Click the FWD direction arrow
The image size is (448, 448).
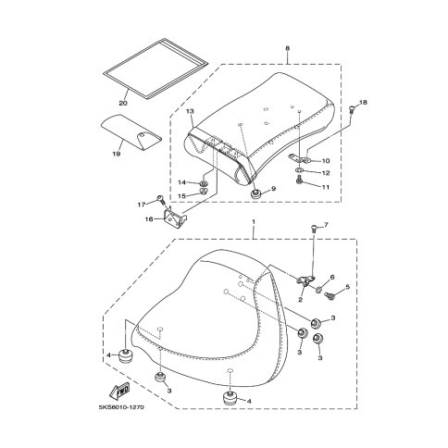coord(119,390)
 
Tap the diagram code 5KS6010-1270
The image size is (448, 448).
coord(121,407)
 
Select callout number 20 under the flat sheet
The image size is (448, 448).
coord(123,103)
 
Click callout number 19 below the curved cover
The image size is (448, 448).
coord(116,154)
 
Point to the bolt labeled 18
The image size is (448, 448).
coord(352,109)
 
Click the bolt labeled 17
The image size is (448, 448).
coord(161,199)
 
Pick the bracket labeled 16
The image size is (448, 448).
coord(174,218)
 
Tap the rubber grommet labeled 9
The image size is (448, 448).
coord(255,194)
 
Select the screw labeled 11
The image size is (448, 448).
coord(299,180)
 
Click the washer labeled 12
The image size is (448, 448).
coord(299,170)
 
